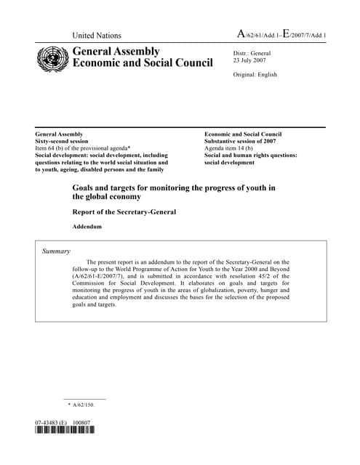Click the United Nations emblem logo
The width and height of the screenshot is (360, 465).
(x=52, y=57)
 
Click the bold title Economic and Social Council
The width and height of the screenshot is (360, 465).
(x=143, y=63)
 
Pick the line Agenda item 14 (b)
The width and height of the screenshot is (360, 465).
(x=232, y=148)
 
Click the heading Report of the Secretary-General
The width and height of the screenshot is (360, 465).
(x=124, y=212)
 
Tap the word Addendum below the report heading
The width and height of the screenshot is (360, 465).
(x=87, y=227)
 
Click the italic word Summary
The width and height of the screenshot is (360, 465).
(x=55, y=251)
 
